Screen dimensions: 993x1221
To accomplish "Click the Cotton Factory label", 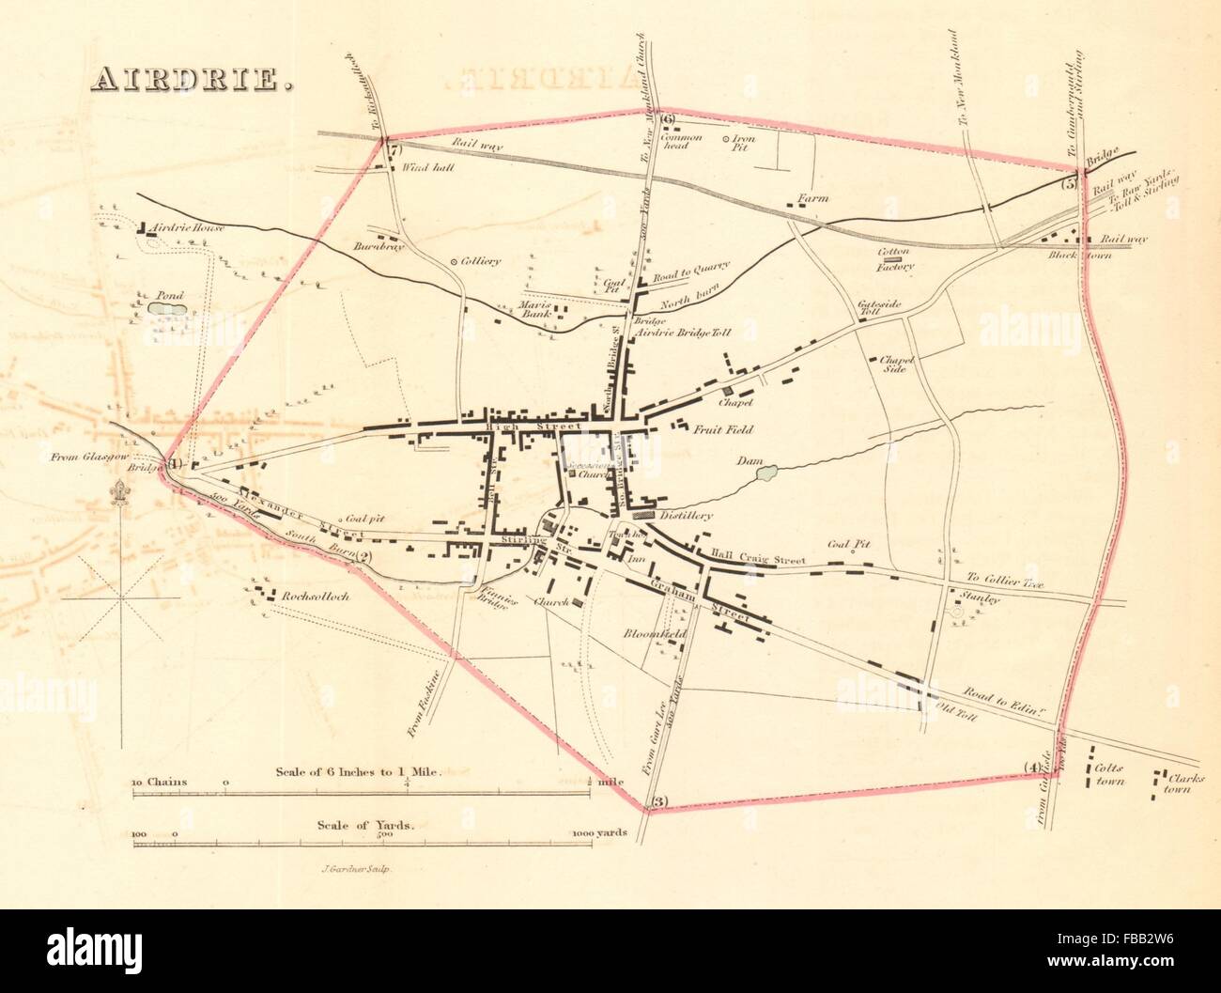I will tap(895, 259).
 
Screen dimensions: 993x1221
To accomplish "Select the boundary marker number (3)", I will tap(658, 801).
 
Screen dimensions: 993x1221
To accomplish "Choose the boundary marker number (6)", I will tap(667, 118).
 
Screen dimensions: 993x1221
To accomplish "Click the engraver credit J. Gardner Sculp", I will tap(348, 870).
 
